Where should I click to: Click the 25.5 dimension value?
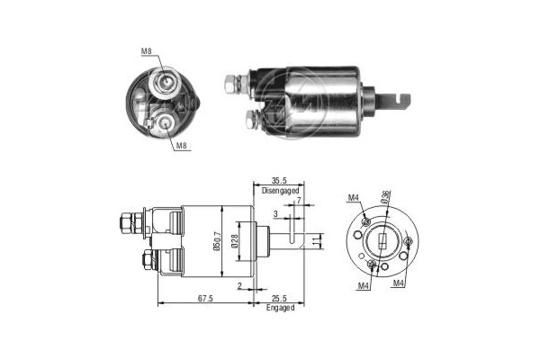point(278,298)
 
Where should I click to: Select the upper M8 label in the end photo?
point(145,51)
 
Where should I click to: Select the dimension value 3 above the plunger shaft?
point(275,214)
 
